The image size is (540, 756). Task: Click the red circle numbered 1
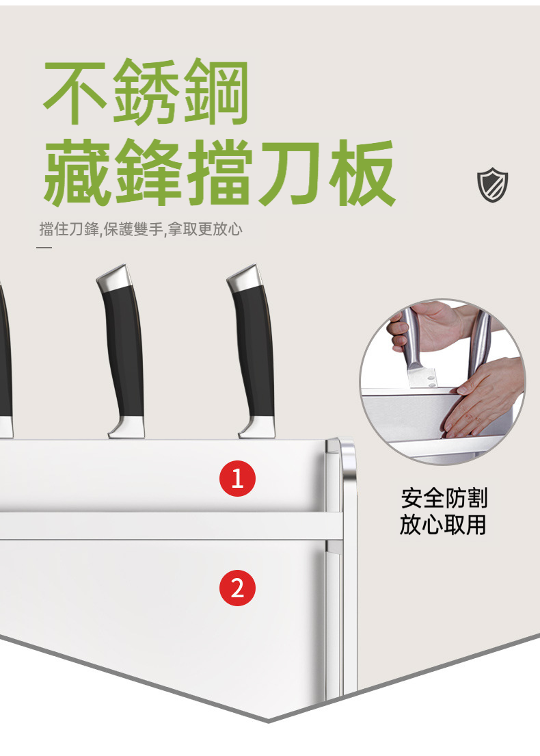coord(237,478)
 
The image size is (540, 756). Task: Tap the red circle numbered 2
coord(237,588)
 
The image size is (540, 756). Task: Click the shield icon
coord(492,185)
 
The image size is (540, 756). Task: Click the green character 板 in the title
coord(362,172)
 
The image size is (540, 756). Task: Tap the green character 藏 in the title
coord(77,172)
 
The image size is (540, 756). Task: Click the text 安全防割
coord(444,498)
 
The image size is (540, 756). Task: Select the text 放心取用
coord(443,525)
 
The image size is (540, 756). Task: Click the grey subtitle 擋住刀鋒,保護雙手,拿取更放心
coord(141,229)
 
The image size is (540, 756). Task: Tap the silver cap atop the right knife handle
coord(245,278)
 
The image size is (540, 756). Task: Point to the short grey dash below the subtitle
coord(44,248)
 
